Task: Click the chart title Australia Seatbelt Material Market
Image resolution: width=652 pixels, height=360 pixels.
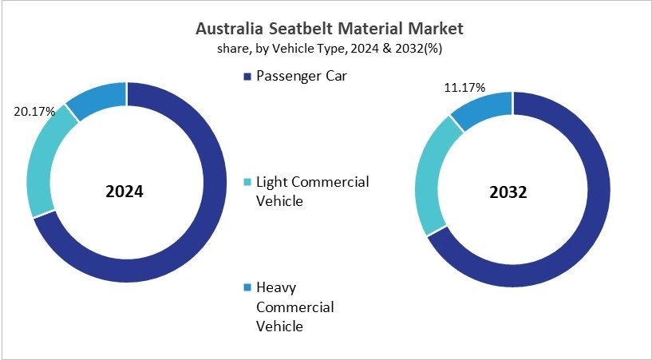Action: (x=329, y=29)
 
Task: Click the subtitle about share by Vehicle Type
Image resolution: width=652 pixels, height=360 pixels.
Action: (x=329, y=48)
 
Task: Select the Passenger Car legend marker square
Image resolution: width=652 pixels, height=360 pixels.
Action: (x=247, y=76)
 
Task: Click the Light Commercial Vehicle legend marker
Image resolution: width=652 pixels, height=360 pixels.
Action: (x=247, y=183)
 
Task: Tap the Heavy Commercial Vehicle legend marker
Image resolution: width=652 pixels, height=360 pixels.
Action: (x=247, y=287)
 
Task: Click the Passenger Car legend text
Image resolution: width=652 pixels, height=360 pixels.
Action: (x=302, y=76)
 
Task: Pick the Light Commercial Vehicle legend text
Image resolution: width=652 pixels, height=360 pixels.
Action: (x=312, y=191)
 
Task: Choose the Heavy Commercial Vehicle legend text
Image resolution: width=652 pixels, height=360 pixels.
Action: (x=294, y=307)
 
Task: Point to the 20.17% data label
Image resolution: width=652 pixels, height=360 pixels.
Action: (x=34, y=112)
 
